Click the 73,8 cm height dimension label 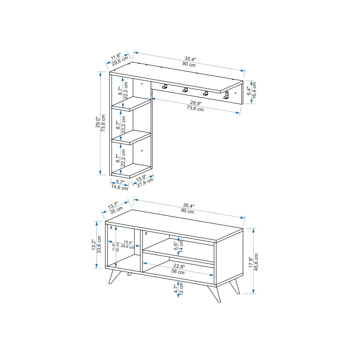[103, 123]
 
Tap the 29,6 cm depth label [120, 61]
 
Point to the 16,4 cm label [254, 90]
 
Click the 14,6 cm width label [120, 187]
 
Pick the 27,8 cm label [145, 183]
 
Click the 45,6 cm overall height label [256, 262]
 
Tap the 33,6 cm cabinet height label [99, 244]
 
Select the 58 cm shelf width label [178, 272]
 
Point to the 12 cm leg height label [181, 289]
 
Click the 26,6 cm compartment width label [128, 247]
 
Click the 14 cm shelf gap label [181, 246]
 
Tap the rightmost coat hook [226, 95]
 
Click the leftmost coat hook [164, 87]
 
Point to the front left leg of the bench [115, 277]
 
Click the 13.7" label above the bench [113, 205]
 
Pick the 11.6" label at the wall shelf [116, 56]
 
